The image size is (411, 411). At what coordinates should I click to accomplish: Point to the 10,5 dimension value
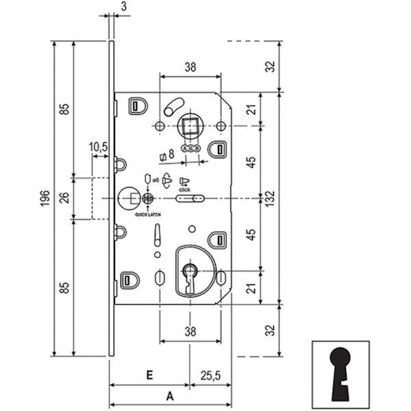[99, 147]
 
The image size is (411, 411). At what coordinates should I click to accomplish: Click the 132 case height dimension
[273, 199]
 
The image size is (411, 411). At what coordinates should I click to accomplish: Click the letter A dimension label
[169, 396]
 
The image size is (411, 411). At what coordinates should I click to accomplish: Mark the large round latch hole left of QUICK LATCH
[128, 199]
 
